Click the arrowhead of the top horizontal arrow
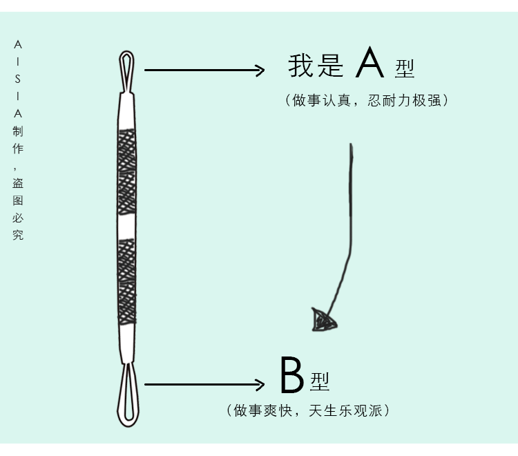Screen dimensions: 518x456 point(260,70)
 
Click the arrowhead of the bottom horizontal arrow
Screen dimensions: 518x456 point(260,385)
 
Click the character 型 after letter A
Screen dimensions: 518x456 point(405,68)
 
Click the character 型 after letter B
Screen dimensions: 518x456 point(320,381)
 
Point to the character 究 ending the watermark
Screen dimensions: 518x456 point(18,235)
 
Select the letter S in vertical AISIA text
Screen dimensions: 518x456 point(18,79)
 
